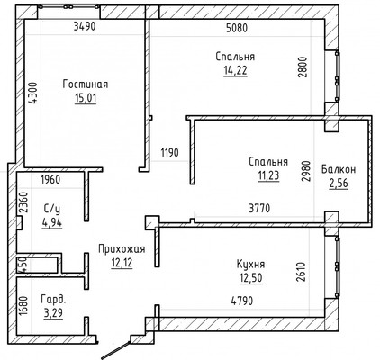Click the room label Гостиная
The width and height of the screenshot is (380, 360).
[x=86, y=85]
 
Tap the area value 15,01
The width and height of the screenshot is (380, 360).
[x=86, y=98]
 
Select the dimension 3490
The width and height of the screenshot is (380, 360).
[x=85, y=26]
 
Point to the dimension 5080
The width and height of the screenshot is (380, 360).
[x=237, y=28]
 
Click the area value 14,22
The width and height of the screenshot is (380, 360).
[x=235, y=70]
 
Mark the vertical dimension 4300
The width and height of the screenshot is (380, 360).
[x=34, y=93]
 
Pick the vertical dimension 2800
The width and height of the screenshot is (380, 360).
[x=303, y=67]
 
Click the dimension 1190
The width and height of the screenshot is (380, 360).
[x=169, y=152]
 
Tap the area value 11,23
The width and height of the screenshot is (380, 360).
[x=268, y=175]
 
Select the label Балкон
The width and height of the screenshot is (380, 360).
[x=339, y=169]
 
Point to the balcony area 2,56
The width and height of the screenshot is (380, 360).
[x=339, y=183]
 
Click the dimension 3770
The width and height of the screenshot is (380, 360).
[x=259, y=208]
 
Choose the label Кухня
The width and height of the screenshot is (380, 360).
[x=250, y=265]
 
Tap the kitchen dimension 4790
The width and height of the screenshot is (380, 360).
[x=241, y=301]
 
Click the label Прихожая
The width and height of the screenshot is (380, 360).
[x=122, y=249]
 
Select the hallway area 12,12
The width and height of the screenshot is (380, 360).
[x=122, y=263]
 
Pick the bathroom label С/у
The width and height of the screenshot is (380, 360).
[x=54, y=209]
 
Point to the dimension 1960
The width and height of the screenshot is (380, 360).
[x=50, y=180]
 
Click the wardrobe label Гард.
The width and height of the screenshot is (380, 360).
[x=53, y=300]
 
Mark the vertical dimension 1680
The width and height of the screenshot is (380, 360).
[x=23, y=306]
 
